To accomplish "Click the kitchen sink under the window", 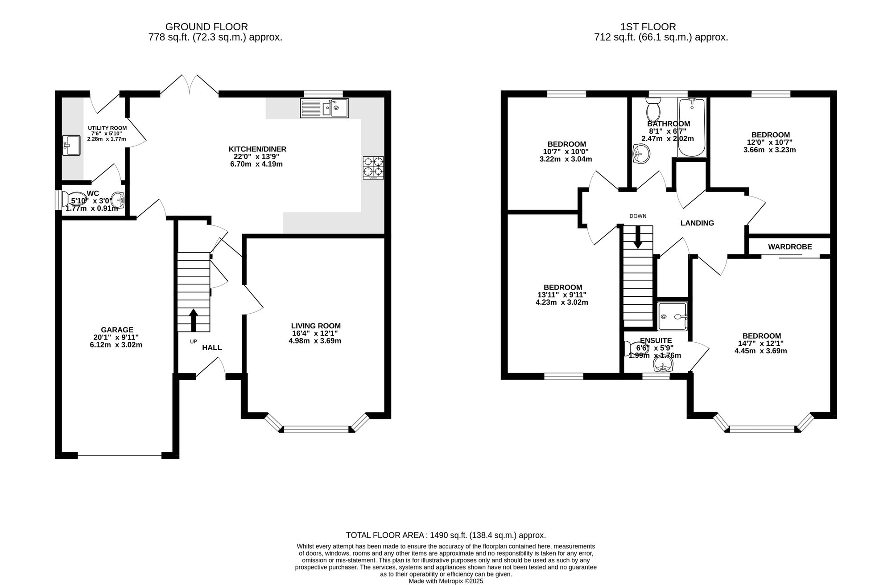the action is pos(325,108).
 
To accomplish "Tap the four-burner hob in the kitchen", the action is pos(373,168).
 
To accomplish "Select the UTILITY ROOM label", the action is pos(107,128).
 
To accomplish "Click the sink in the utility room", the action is pos(71,146).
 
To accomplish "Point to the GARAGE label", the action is pos(116,330).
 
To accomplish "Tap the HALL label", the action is pos(212,348).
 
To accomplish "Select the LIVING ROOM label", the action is pos(316,326).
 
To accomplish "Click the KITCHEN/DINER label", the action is pos(257,149).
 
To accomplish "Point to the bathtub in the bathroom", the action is pos(692,128).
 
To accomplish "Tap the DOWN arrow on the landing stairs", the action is pos(638,237).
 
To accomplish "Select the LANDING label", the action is pos(697,223).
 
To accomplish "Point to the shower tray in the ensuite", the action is pos(673,316).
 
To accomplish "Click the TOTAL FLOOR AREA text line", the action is pos(446,536).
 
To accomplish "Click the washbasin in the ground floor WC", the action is pos(117,198).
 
